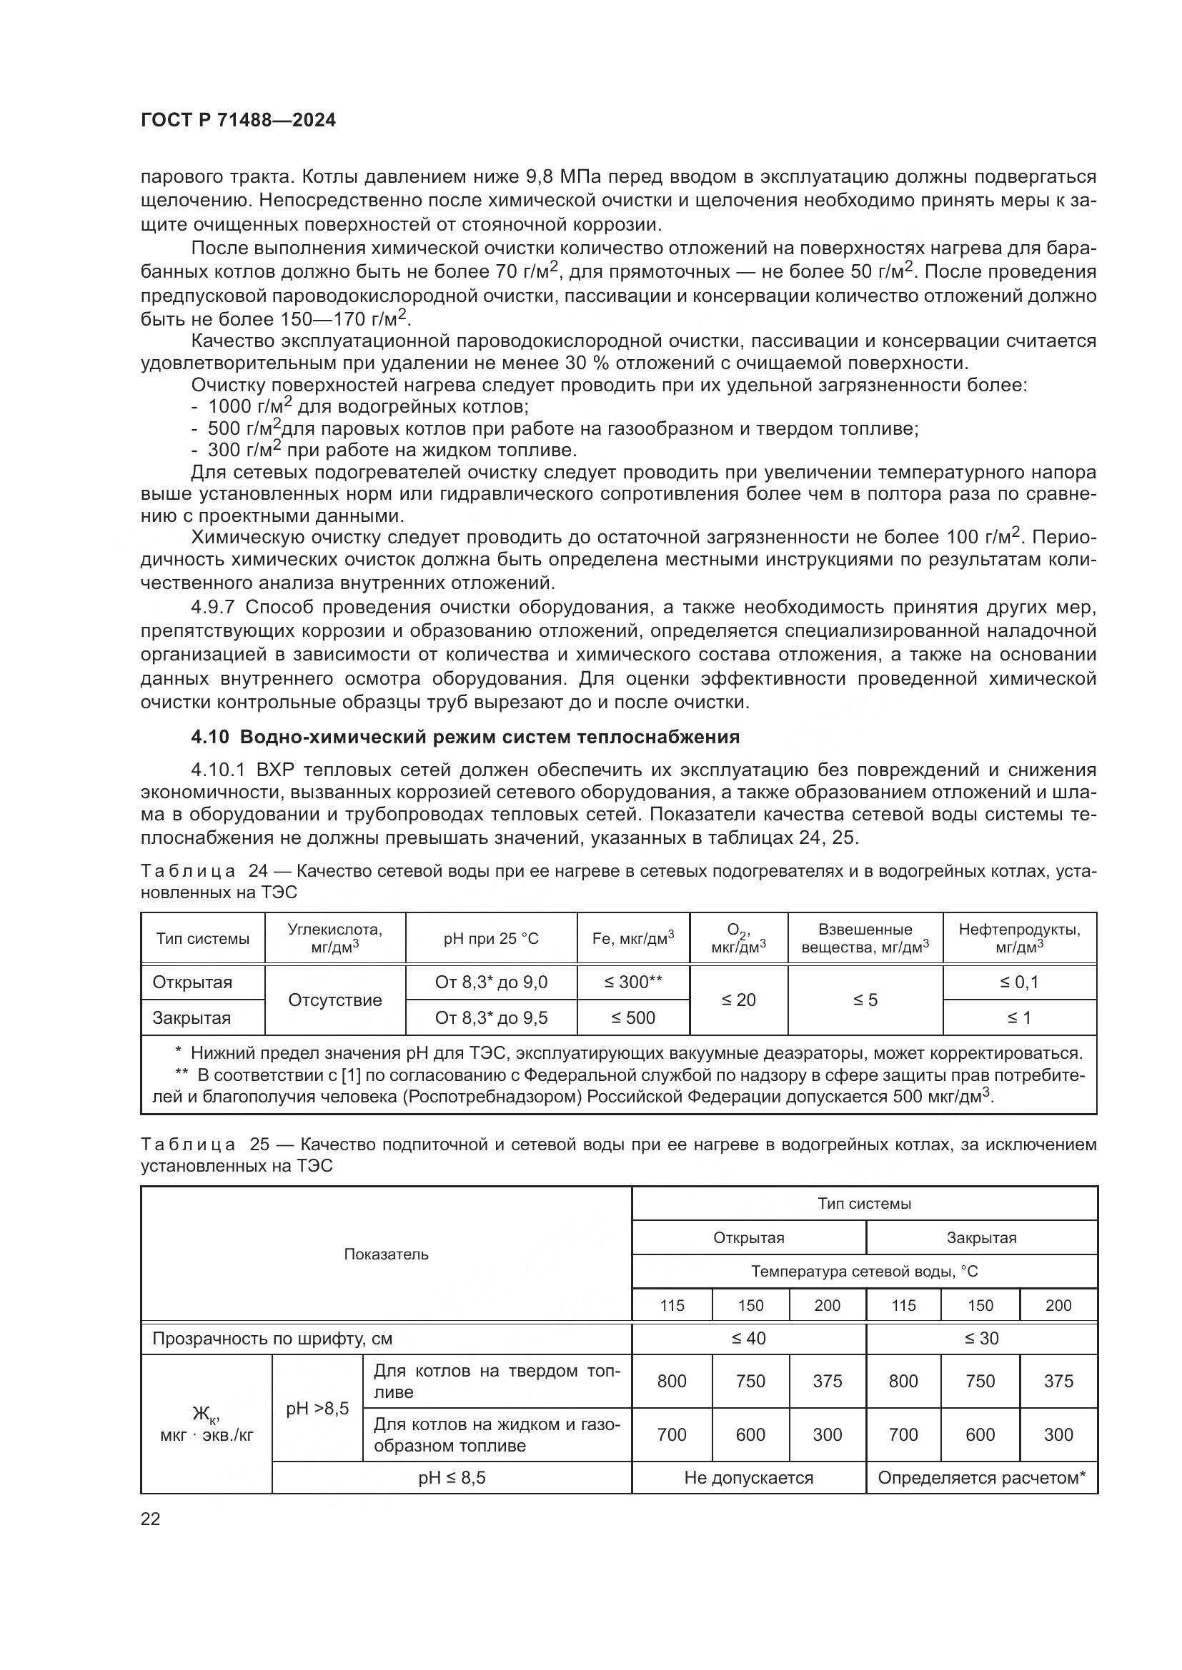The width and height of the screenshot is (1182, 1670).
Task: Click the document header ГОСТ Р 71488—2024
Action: (x=238, y=121)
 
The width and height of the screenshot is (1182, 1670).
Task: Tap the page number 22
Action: (x=150, y=1519)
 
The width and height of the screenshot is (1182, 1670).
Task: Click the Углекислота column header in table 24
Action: (x=334, y=937)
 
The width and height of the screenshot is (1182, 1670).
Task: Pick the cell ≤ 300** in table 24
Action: (x=632, y=982)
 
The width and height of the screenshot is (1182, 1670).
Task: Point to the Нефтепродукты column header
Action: (x=1019, y=937)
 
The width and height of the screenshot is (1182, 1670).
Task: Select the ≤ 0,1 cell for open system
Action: (x=1019, y=982)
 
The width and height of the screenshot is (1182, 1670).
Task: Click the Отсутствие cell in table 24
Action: (x=334, y=1000)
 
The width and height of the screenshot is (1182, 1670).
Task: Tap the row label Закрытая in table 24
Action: (x=192, y=1017)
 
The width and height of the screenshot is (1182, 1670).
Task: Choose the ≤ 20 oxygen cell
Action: (x=738, y=1000)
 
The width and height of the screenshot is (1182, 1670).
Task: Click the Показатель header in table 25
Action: (x=386, y=1254)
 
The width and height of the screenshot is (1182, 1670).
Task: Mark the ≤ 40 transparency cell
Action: (x=748, y=1338)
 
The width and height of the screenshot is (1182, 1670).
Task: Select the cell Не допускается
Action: (x=748, y=1477)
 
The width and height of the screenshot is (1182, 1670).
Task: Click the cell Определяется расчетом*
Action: (x=981, y=1477)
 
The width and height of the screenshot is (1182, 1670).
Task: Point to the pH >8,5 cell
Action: (x=317, y=1408)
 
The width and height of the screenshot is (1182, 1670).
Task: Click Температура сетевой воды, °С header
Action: (x=864, y=1272)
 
